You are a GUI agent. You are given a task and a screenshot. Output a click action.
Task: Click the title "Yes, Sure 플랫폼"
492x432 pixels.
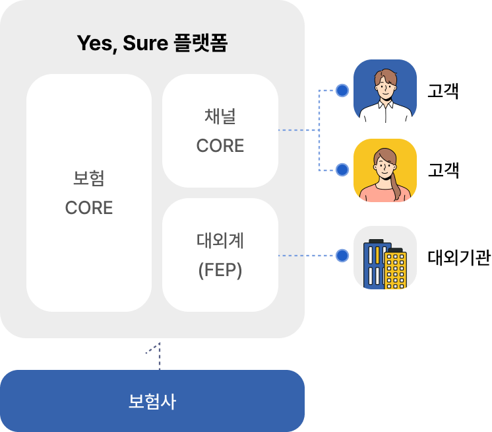click(152, 44)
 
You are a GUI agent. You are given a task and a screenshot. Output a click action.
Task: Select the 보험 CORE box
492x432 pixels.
click(89, 192)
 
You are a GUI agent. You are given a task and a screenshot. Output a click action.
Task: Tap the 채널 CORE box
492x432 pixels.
click(220, 131)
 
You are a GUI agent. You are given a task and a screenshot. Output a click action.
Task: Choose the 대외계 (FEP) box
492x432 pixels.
click(220, 255)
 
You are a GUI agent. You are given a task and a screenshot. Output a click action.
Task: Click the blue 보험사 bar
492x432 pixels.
click(152, 401)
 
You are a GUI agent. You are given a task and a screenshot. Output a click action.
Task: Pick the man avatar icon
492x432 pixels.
click(385, 91)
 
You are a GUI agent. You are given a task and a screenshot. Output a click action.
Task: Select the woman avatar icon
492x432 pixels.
click(385, 170)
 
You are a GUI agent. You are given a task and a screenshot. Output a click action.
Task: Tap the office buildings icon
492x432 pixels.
click(385, 258)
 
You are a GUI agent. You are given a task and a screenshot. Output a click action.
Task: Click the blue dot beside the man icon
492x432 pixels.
click(342, 90)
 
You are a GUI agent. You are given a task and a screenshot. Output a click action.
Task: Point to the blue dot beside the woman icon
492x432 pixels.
click(342, 170)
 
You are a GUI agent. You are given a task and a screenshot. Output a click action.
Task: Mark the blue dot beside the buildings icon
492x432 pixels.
click(342, 256)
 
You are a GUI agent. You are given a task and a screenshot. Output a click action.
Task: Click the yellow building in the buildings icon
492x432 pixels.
click(395, 270)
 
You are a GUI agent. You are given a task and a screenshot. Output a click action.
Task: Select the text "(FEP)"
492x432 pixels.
click(220, 270)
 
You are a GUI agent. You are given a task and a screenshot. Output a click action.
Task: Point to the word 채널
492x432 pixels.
click(220, 116)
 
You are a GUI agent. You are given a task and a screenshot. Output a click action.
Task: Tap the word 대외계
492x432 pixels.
click(220, 240)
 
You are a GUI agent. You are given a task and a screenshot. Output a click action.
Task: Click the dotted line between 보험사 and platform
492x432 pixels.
click(159, 357)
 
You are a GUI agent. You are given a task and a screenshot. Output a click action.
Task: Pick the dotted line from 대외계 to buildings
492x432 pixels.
click(307, 256)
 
